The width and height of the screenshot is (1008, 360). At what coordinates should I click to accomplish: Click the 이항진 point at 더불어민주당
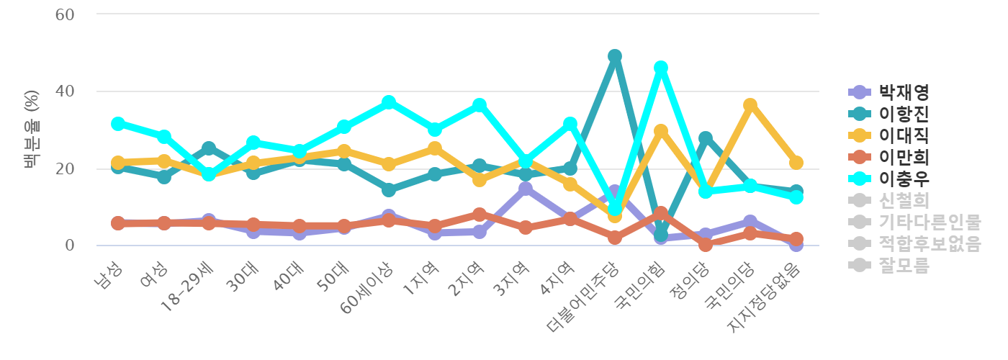[x=615, y=56]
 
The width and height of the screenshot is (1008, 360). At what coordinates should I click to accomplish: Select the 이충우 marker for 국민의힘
[x=660, y=68]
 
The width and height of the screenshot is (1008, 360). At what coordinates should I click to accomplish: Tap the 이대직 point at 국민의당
[x=751, y=105]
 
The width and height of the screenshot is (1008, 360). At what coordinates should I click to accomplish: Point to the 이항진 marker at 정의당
[x=706, y=138]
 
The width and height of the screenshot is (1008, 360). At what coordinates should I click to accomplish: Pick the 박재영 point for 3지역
[x=525, y=189]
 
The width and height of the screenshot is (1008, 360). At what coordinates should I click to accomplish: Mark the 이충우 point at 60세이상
[x=390, y=102]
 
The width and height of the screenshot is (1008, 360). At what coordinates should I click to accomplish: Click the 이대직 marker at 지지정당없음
[x=796, y=163]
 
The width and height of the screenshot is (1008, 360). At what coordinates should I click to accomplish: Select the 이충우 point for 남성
[x=118, y=124]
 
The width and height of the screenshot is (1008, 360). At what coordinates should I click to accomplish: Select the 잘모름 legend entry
[x=904, y=265]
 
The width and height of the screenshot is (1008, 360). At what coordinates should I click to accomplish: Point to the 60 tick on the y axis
[x=66, y=14]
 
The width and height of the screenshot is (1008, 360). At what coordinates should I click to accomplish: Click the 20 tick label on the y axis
[x=66, y=168]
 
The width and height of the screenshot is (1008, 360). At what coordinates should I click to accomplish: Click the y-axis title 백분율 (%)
[x=31, y=130]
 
